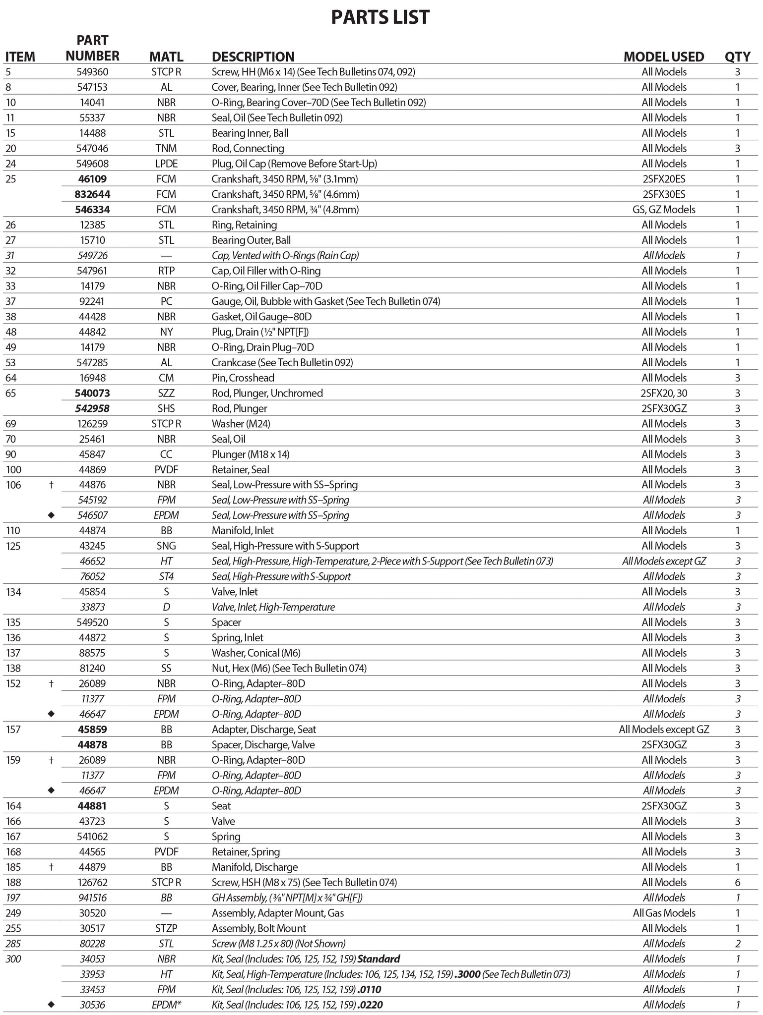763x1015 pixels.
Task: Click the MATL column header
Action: tap(166, 57)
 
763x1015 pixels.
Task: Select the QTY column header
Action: tap(737, 57)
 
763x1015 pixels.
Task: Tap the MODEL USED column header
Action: tap(663, 57)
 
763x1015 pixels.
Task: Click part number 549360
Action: tap(92, 72)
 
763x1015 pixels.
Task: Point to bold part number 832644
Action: tap(92, 194)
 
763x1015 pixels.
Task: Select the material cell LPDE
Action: tap(166, 164)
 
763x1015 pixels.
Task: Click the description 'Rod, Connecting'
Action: tap(248, 148)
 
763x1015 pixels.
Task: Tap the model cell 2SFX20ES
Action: tap(664, 179)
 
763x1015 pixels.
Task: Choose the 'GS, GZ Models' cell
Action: tap(664, 210)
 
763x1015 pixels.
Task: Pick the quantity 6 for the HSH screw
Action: tap(738, 883)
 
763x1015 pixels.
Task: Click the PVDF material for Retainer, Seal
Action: tap(166, 469)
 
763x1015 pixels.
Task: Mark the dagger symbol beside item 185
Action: tap(51, 867)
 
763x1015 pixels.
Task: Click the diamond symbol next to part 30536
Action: tap(51, 1005)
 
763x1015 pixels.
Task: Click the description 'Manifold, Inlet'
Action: tap(243, 531)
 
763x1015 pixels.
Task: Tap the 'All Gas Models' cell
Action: tap(664, 913)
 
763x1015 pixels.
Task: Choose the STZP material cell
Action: tap(166, 928)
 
